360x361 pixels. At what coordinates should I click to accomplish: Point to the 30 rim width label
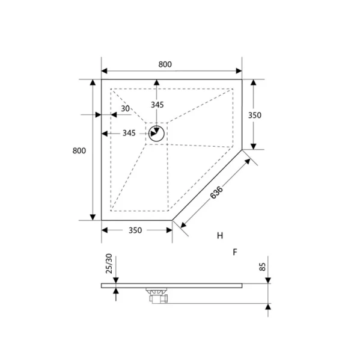pos(125,108)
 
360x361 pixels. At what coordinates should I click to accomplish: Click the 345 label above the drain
pos(157,105)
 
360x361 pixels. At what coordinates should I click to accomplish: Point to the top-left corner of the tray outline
pos(102,79)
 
